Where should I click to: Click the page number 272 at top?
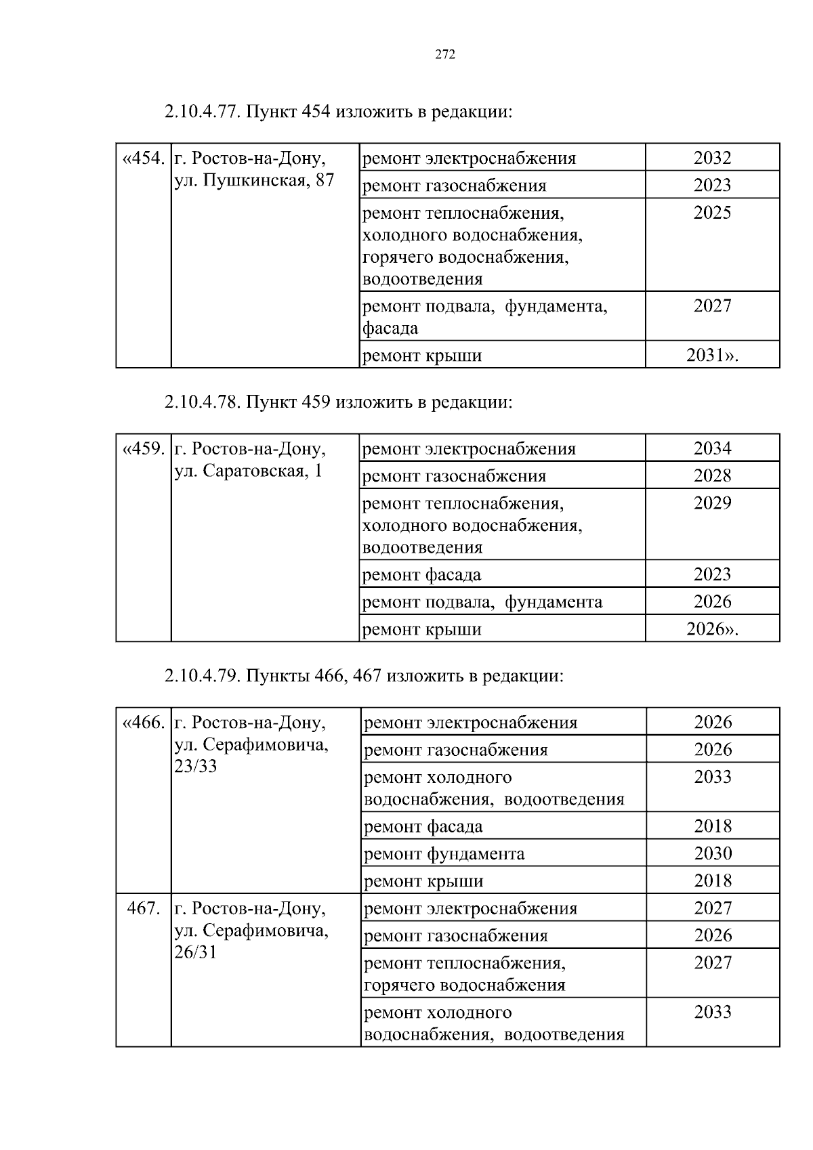(444, 55)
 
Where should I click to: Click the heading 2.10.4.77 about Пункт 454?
(337, 112)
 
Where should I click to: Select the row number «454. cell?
(144, 158)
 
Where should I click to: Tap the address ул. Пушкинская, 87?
(254, 180)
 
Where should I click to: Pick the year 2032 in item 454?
(712, 158)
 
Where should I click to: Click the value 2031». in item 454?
(712, 355)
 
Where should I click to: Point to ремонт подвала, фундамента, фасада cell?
(484, 317)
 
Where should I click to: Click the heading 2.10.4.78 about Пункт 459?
(337, 402)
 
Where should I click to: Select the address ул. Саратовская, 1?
(248, 471)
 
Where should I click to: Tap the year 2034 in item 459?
(712, 448)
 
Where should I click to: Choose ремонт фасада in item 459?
(422, 575)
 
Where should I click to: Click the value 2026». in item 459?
(712, 629)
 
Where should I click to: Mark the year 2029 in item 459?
(712, 503)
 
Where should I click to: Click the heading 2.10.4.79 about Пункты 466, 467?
(363, 676)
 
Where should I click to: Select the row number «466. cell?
(144, 723)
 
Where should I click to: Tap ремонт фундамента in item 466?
(444, 854)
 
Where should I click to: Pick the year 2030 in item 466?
(713, 853)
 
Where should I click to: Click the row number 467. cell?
(144, 908)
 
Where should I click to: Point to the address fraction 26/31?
(195, 953)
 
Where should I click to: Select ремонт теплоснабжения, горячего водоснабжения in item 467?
(465, 973)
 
